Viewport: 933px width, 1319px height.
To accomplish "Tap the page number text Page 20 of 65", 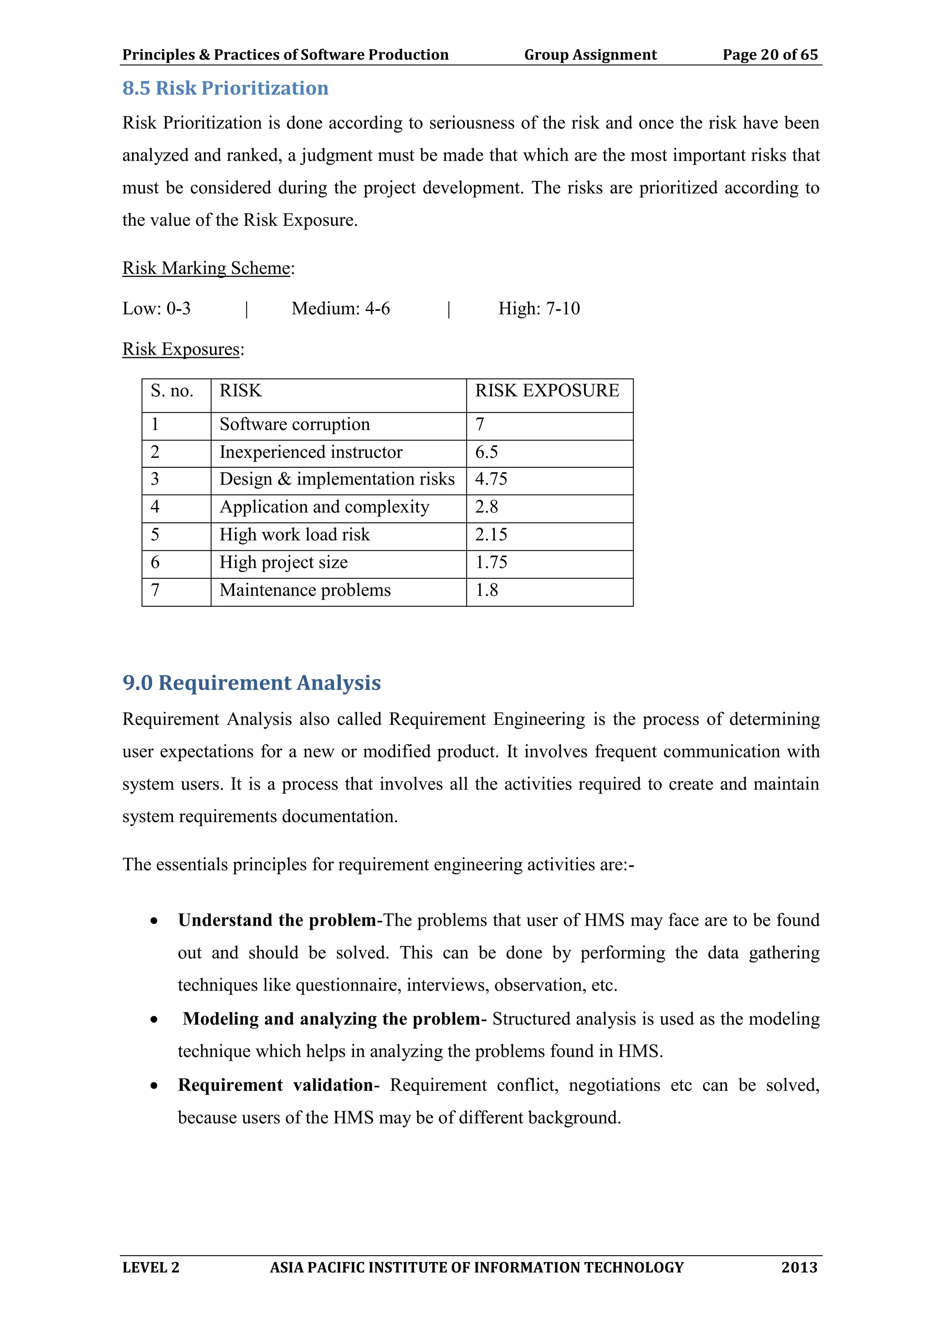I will [x=770, y=55].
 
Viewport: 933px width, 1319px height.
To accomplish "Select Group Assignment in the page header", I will [x=590, y=55].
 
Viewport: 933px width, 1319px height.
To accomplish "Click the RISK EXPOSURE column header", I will [x=547, y=391].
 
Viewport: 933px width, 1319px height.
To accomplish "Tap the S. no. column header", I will [x=172, y=391].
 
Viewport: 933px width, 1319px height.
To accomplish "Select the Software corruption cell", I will [x=295, y=424].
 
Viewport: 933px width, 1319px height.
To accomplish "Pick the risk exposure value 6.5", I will [x=487, y=452].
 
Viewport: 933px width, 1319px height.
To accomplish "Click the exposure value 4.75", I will [x=491, y=479].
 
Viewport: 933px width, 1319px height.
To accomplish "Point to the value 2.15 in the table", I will [x=491, y=534].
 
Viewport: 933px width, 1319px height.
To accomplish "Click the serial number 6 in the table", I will [x=155, y=562].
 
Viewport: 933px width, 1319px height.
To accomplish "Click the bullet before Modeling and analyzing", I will [x=154, y=1020].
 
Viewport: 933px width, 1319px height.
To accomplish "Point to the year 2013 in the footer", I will [x=799, y=1267].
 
